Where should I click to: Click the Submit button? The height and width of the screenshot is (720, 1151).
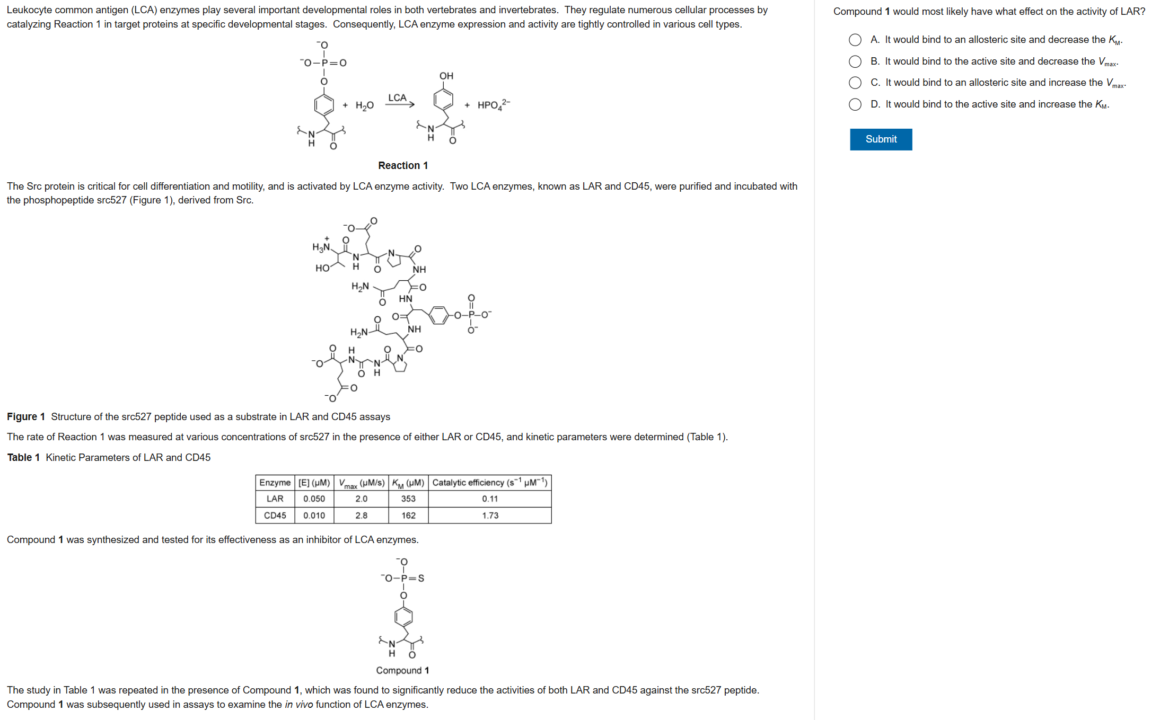tap(881, 139)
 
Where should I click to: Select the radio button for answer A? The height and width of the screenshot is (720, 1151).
tap(855, 40)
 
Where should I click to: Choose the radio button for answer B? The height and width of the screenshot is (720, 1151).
tap(855, 61)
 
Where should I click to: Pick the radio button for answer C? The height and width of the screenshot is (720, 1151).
tap(855, 83)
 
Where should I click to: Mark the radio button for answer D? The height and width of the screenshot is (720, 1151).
tap(855, 104)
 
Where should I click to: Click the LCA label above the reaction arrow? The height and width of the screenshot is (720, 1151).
tap(397, 97)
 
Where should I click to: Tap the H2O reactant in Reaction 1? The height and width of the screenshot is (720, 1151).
tap(365, 105)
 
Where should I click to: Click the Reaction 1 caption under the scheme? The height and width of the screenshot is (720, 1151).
tap(403, 166)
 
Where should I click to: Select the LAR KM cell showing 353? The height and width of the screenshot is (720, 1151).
tap(408, 499)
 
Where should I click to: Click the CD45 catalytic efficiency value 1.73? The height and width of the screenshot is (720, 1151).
tap(490, 515)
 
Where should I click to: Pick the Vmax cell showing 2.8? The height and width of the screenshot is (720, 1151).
tap(361, 515)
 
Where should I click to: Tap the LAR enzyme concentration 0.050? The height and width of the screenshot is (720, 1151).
tap(314, 499)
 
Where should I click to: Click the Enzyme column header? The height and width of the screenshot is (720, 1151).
tap(275, 483)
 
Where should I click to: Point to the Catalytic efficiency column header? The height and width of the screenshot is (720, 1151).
tap(489, 483)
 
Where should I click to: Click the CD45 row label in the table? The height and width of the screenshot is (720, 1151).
tap(275, 515)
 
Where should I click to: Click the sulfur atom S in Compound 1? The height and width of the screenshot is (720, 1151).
tap(421, 578)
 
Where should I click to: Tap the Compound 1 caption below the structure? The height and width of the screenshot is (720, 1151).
tap(402, 670)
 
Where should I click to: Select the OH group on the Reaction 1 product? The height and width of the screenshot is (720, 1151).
tap(446, 76)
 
